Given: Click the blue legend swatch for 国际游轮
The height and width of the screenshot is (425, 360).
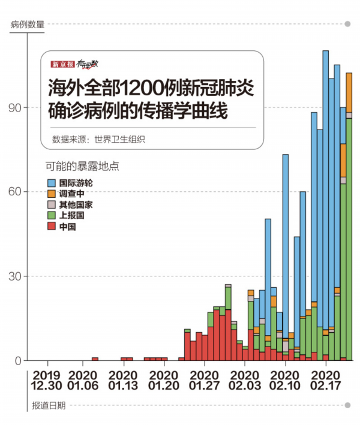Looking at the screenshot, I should pyautogui.click(x=52, y=182).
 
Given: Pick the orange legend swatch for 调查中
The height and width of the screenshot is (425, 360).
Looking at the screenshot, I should pyautogui.click(x=52, y=193).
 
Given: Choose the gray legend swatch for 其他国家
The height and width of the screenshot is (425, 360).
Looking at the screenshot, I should pyautogui.click(x=52, y=204).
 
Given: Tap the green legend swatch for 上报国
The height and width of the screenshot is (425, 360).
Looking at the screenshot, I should pyautogui.click(x=52, y=216).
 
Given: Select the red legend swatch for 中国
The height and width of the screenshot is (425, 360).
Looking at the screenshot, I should pyautogui.click(x=52, y=227).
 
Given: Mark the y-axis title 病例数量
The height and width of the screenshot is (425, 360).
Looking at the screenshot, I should pyautogui.click(x=27, y=25).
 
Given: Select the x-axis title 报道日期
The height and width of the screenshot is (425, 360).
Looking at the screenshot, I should pyautogui.click(x=49, y=405).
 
